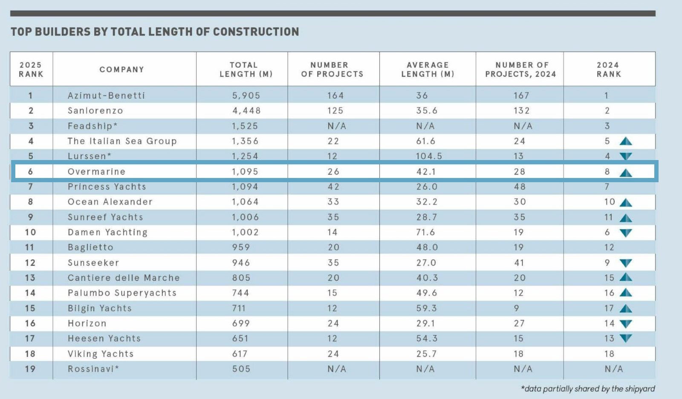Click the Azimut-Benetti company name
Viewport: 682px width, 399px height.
(x=106, y=96)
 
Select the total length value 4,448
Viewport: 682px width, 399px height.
(x=247, y=111)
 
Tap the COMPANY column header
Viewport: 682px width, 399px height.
(x=122, y=70)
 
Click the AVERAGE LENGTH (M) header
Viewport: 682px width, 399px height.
(x=428, y=70)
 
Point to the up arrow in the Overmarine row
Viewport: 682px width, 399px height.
(x=626, y=173)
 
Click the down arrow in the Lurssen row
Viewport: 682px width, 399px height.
(x=626, y=156)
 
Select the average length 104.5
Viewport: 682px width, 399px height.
(x=429, y=156)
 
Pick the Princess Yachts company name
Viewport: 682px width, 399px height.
(x=107, y=186)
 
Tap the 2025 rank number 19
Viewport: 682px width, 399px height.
(x=30, y=369)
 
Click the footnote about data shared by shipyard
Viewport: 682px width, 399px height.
(x=588, y=389)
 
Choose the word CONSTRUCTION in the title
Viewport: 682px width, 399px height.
(x=256, y=32)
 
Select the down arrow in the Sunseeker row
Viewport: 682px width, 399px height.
(x=626, y=263)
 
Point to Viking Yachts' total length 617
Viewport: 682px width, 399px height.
(x=240, y=354)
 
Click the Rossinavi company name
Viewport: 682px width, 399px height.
(x=93, y=369)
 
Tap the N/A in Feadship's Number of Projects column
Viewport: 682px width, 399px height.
(x=337, y=126)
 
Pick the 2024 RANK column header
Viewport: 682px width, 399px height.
(x=609, y=70)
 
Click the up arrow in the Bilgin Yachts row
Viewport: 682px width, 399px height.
(x=626, y=309)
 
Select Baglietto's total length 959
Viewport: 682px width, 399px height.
(x=241, y=247)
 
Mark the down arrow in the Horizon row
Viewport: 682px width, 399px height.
(x=626, y=324)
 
